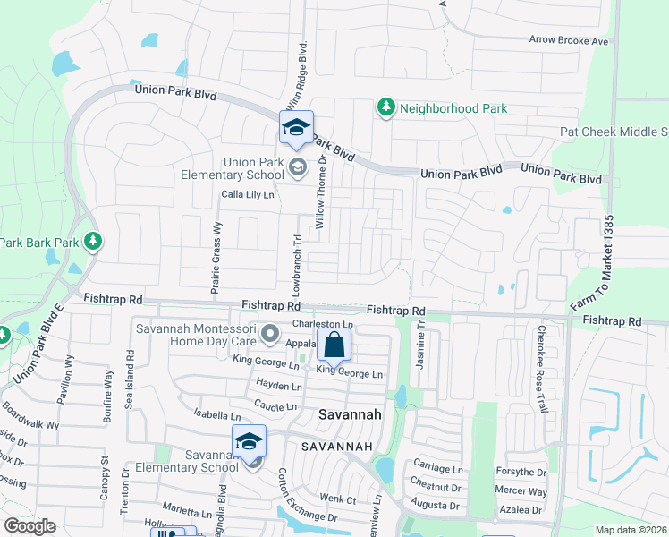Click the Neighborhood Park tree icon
pos(385,108)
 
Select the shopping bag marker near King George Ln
pos(334,344)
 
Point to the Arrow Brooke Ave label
pos(569,41)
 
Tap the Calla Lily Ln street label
pos(248,194)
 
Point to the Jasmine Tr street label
pos(421,346)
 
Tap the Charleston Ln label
pos(323,324)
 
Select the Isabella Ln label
pos(217,416)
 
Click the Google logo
pos(30,526)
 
